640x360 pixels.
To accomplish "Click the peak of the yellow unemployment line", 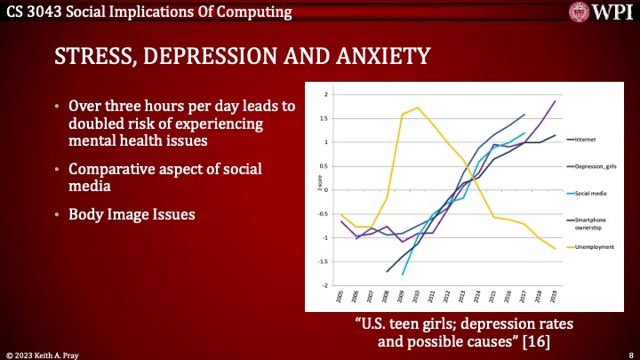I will pos(418,108).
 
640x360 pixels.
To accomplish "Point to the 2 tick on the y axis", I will pos(326,94).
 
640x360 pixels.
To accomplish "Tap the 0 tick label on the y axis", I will pos(326,190).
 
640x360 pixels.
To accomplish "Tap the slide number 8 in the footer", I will pos(629,353).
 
